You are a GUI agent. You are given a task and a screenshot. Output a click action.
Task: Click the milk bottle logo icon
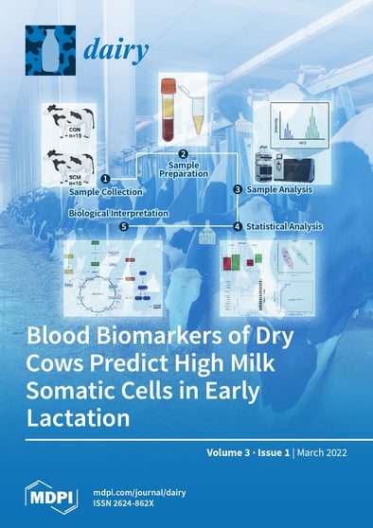47,50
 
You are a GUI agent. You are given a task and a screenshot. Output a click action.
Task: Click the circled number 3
238,189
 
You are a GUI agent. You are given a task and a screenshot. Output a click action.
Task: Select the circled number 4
238,226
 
